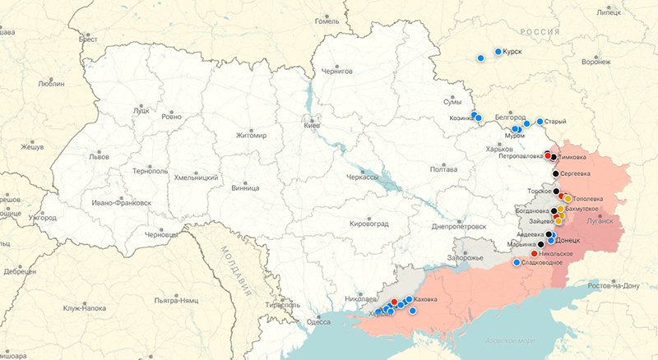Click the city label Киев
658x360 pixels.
pos(312,126)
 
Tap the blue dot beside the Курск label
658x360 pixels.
pos(498,52)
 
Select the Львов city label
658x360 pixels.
pos(98,156)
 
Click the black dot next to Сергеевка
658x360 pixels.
pos(556,173)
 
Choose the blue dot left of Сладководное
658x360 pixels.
pos(517,263)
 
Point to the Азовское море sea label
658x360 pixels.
pos(515,340)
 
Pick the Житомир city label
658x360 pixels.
pos(252,136)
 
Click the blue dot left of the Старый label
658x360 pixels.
pos(540,122)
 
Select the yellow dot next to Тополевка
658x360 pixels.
pos(568,199)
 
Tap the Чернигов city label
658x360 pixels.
pos(337,72)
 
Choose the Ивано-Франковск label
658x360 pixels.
pos(122,202)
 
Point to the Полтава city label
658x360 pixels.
pos(443,169)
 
